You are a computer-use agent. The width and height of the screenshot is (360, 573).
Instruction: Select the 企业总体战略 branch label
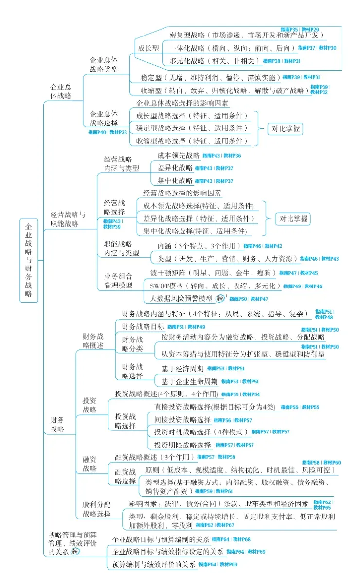coord(61,91)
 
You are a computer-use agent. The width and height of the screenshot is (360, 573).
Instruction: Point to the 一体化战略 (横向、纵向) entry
coord(234,48)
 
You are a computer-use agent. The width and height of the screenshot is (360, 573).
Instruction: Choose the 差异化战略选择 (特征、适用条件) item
coord(198,218)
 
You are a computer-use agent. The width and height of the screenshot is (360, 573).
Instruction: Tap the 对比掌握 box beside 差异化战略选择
coord(294,218)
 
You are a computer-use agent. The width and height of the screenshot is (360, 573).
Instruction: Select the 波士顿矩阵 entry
coord(210,273)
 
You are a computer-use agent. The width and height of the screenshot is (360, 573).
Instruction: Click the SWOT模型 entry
coord(212,286)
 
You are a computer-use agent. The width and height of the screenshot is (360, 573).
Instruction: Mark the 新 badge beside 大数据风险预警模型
coord(220,298)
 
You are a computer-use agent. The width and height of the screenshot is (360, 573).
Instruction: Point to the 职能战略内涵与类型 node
coord(121,248)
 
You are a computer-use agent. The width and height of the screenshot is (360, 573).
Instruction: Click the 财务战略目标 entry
coord(143,326)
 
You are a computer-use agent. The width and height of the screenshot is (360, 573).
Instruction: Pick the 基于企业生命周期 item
coord(189,381)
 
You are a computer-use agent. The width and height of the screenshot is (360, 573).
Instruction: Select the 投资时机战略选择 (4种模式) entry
coord(200,432)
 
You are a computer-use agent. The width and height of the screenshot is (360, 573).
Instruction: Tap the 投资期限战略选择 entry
coord(182,445)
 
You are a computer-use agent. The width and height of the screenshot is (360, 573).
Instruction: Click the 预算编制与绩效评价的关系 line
coord(154,564)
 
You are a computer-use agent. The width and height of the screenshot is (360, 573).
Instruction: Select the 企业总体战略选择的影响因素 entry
coord(182,103)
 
